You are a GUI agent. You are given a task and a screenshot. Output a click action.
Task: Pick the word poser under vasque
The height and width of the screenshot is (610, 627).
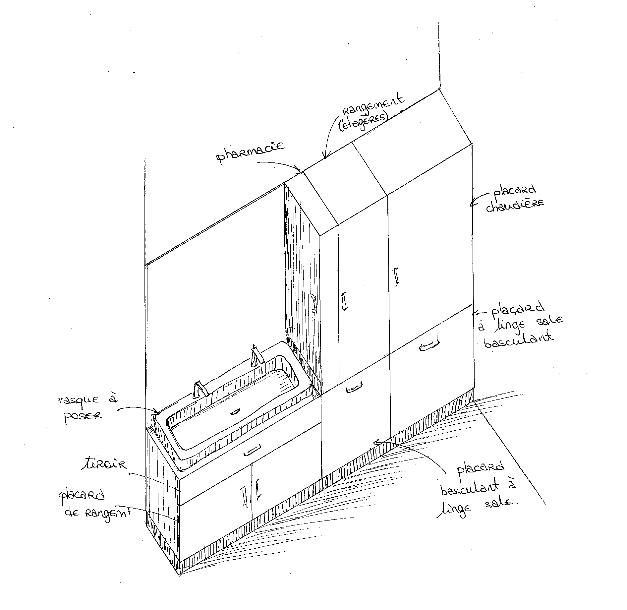pyautogui.click(x=83, y=415)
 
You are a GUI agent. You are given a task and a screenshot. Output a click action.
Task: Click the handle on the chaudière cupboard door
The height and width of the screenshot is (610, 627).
pyautogui.click(x=396, y=276)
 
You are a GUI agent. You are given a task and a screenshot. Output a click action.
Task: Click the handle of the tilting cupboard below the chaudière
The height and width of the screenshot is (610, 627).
pyautogui.click(x=429, y=345)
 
